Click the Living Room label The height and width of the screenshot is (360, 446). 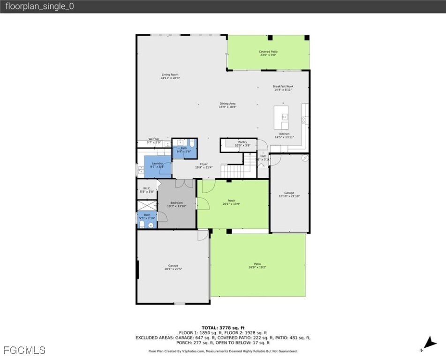170,76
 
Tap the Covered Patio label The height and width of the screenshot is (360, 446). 268,53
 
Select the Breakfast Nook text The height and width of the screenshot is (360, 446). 282,88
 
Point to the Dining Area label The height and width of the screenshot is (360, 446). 227,105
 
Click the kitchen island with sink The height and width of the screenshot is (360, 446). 281,118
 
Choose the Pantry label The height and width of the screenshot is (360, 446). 242,143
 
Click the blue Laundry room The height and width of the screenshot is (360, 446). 157,166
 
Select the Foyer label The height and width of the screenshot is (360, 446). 204,165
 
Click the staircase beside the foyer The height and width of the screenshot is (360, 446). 233,170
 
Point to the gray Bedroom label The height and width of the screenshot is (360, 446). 176,204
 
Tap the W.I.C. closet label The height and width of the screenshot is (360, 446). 147,190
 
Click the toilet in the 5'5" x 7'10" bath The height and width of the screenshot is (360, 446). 142,225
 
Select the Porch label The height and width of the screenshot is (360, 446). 231,202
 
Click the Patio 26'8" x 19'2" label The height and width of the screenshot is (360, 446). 257,265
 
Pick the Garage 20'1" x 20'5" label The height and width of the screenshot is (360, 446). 173,267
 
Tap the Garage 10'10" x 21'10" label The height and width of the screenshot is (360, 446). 289,194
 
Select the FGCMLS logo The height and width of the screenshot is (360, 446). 24,350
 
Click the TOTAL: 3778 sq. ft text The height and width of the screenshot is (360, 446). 223,328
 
